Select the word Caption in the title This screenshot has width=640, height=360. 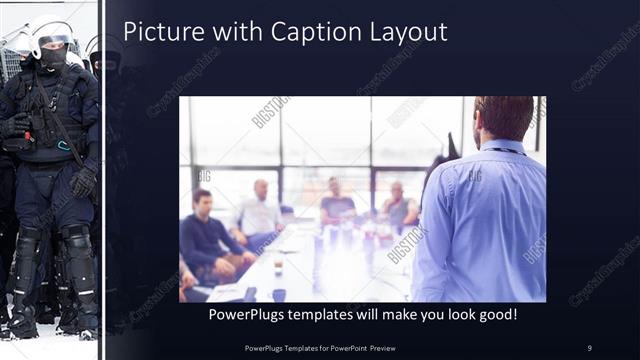click(x=303, y=32)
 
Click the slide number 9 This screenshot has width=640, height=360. click(x=589, y=347)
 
